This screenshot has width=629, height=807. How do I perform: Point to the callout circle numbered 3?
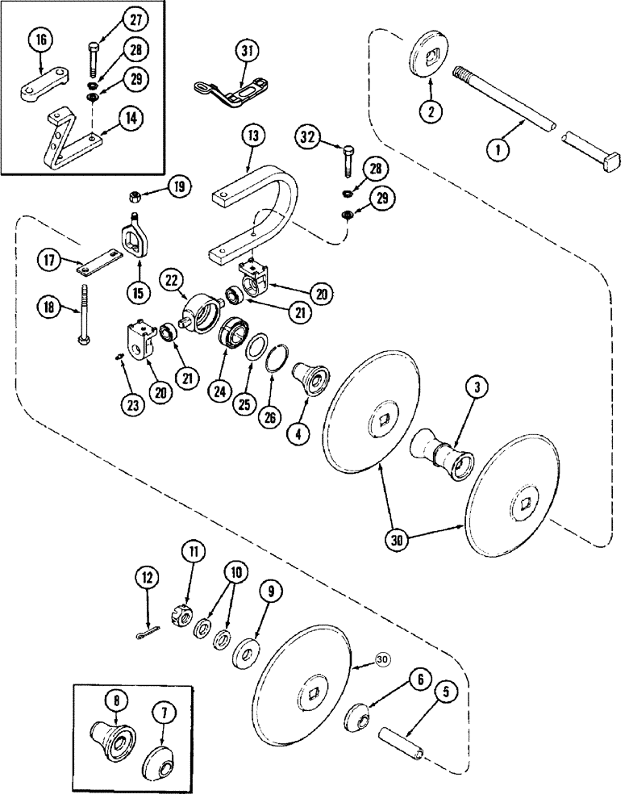coord(478,387)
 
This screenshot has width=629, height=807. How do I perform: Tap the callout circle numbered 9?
coord(270,592)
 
